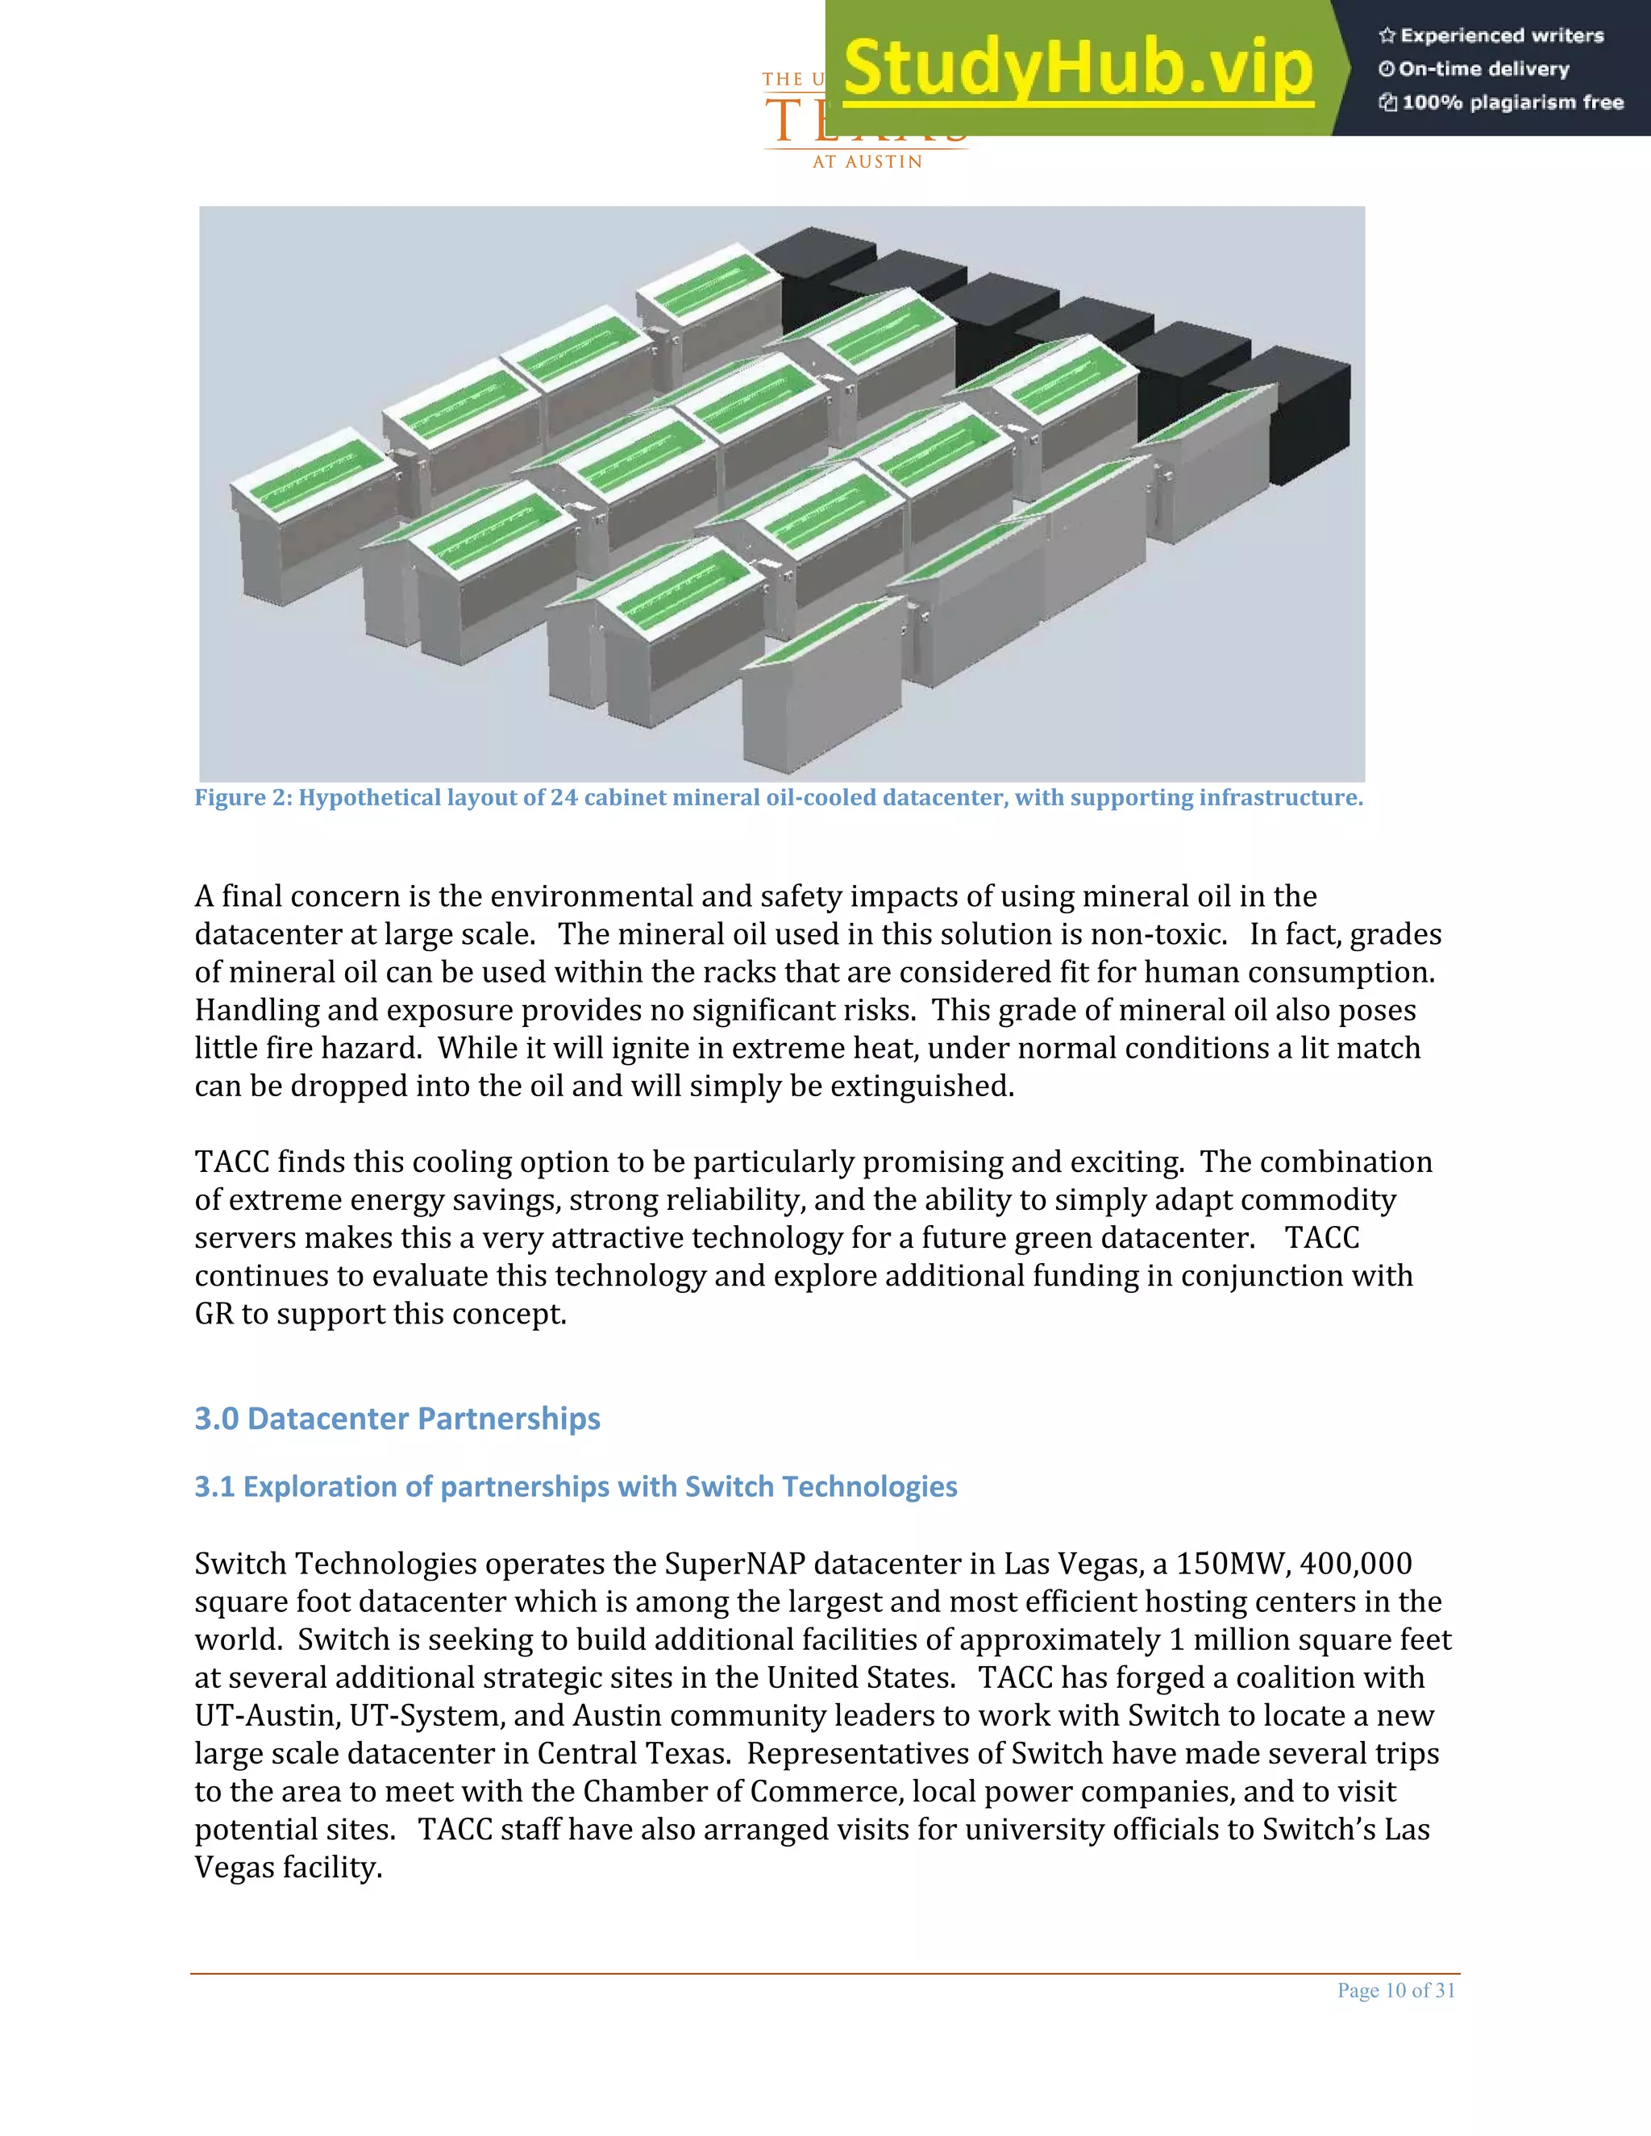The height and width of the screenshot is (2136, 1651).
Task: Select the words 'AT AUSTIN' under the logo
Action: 867,162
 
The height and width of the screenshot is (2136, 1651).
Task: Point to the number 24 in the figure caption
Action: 564,798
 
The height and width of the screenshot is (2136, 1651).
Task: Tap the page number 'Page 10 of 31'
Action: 1395,1990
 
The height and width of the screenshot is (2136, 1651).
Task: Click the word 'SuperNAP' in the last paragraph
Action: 734,1564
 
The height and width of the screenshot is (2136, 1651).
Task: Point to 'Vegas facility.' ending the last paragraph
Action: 288,1868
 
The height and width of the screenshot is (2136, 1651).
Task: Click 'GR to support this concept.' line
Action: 381,1314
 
